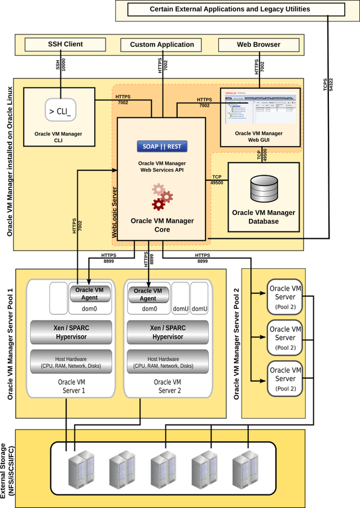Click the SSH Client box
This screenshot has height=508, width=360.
click(65, 44)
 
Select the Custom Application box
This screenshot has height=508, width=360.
click(162, 45)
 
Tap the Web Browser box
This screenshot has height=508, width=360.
click(258, 45)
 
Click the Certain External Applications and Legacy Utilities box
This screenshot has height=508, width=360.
click(230, 10)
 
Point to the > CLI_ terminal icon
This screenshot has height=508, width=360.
click(60, 111)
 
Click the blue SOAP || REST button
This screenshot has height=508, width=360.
click(162, 147)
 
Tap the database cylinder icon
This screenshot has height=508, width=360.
click(264, 189)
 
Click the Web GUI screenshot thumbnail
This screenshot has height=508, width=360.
click(260, 108)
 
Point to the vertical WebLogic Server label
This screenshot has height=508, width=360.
click(115, 212)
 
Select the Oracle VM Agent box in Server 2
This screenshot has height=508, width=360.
click(148, 294)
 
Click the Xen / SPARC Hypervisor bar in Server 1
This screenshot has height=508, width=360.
click(71, 332)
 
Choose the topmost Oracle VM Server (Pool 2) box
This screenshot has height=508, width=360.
click(285, 297)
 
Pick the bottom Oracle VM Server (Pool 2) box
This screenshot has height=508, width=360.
click(285, 379)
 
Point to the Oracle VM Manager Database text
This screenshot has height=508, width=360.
click(264, 217)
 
